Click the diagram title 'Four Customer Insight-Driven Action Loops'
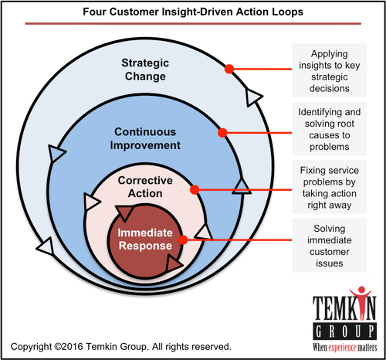click(x=193, y=12)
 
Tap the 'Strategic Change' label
click(x=145, y=70)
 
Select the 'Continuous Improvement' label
click(x=145, y=138)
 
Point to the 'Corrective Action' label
click(x=145, y=187)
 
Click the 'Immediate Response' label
click(x=145, y=239)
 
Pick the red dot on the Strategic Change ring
click(x=229, y=69)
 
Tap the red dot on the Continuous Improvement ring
click(x=222, y=133)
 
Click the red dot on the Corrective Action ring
click(x=195, y=190)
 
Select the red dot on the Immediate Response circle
click(x=183, y=239)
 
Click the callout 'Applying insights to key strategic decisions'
click(x=330, y=71)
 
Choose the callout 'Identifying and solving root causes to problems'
click(x=330, y=129)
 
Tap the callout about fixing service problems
click(x=330, y=188)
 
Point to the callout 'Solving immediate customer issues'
click(x=330, y=246)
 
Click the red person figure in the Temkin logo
click(x=361, y=301)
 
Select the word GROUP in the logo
click(x=345, y=331)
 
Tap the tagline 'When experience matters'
click(x=345, y=348)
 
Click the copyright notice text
click(x=121, y=347)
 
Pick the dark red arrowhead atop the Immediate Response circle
click(x=125, y=212)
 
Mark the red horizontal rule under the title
click(x=193, y=24)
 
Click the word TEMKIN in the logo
click(x=344, y=307)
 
